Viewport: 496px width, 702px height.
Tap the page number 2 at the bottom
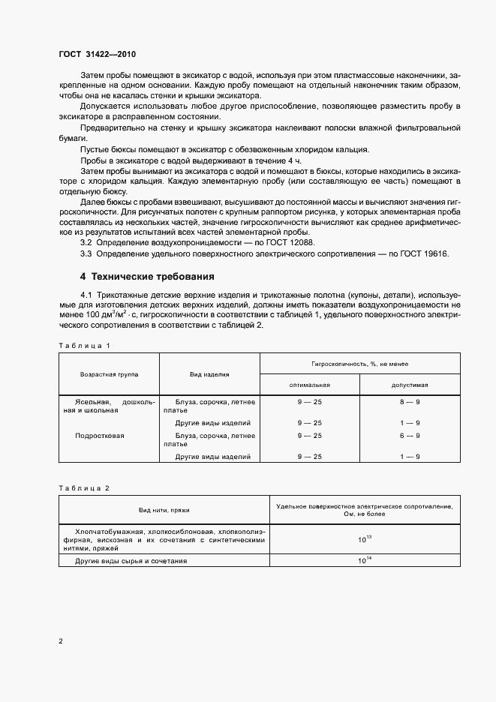[x=61, y=640]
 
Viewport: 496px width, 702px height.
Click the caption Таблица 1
[x=85, y=345]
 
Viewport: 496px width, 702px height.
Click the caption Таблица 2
[x=85, y=488]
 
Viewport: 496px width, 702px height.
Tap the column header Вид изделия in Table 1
[x=209, y=373]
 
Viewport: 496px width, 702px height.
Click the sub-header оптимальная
[x=309, y=384]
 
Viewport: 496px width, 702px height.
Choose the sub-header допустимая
[x=410, y=384]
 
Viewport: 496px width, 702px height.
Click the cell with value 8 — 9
[x=410, y=402]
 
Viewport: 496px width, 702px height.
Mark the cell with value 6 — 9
[x=410, y=435]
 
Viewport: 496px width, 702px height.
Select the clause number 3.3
[x=86, y=254]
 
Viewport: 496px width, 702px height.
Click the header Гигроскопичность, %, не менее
[x=359, y=363]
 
